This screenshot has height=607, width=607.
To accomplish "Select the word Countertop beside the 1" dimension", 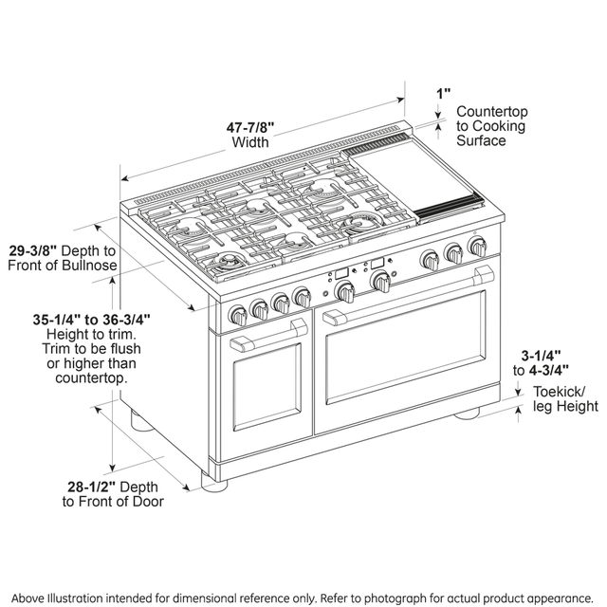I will tap(491, 112).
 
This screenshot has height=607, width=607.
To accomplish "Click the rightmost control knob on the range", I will tap(476, 248).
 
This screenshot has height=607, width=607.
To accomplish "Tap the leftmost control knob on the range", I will tap(236, 314).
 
